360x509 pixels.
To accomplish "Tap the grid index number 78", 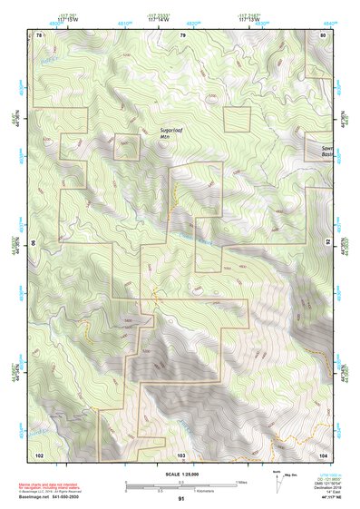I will [x=39, y=34].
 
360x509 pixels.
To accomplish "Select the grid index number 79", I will [x=182, y=34].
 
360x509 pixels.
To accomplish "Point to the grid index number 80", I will [x=322, y=34].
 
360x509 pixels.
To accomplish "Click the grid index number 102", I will [x=39, y=453].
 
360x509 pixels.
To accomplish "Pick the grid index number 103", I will [x=181, y=453].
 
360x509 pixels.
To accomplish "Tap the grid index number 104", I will [x=322, y=453].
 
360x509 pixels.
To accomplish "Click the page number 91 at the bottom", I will [x=181, y=499].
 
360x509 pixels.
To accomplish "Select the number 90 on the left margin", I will [x=34, y=244].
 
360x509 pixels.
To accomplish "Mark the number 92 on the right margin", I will [x=329, y=244].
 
